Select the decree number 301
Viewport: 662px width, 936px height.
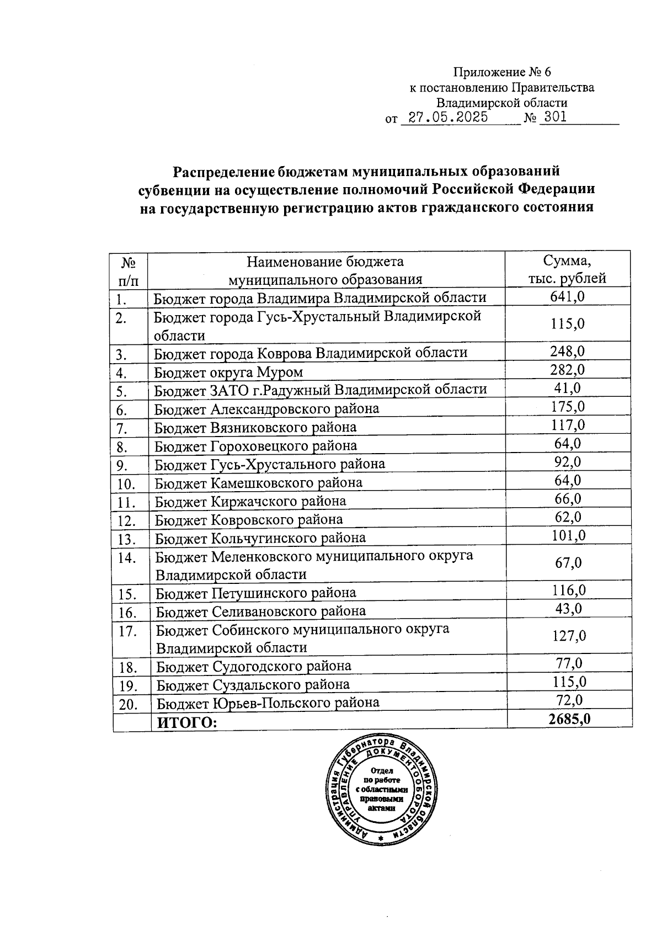point(555,118)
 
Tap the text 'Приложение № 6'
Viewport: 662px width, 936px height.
point(501,72)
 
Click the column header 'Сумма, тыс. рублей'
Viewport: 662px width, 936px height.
point(568,269)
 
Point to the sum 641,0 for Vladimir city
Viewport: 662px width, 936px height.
point(568,297)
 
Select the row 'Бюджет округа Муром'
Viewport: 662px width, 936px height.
point(228,373)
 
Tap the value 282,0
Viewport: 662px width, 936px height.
point(568,370)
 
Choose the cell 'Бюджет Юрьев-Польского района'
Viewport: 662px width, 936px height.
point(268,703)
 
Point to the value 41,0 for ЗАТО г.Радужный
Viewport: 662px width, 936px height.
point(568,389)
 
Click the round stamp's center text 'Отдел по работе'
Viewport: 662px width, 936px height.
point(381,776)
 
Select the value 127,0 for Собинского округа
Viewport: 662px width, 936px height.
point(569,636)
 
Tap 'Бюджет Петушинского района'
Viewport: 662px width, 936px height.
point(256,593)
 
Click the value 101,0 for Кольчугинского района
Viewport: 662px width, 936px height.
point(569,535)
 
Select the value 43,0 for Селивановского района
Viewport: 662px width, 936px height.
point(568,609)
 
